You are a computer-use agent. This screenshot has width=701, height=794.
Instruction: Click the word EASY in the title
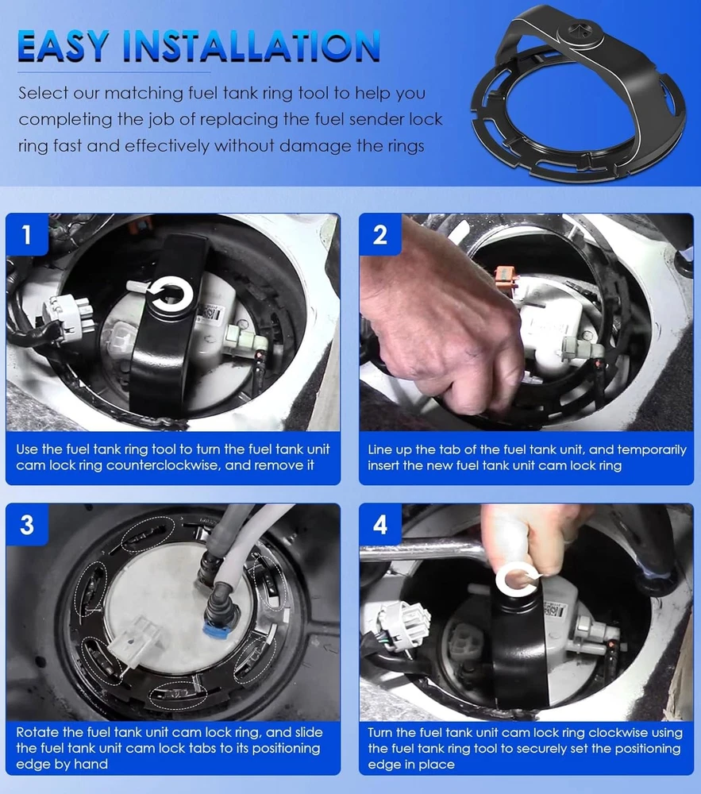64,47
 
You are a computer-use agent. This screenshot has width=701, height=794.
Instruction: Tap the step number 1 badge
27,235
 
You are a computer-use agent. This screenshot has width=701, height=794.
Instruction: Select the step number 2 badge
380,235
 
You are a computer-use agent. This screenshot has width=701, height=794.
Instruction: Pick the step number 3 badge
27,525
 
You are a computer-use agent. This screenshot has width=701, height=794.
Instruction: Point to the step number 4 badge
380,525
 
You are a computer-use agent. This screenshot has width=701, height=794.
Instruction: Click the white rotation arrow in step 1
170,295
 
